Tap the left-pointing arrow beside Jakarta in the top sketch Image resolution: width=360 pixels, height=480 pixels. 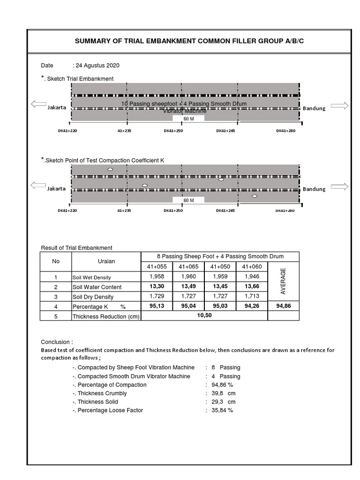[x=38, y=105]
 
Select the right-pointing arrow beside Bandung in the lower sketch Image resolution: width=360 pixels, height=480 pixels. [x=339, y=187]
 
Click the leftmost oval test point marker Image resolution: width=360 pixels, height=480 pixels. [x=110, y=169]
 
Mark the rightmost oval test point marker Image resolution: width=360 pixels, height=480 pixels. [x=255, y=196]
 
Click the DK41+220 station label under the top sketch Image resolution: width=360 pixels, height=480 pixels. [x=67, y=131]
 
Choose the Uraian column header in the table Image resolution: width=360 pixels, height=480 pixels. [x=106, y=261]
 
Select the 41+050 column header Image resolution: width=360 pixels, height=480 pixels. [x=220, y=266]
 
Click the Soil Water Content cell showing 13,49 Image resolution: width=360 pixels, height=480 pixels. [x=188, y=287]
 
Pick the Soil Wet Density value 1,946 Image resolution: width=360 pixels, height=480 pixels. [x=252, y=277]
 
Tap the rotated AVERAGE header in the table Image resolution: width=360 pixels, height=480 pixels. [x=283, y=281]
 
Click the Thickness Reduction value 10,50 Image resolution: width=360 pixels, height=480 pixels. [x=204, y=315]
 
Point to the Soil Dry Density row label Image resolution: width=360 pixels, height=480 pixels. [x=93, y=297]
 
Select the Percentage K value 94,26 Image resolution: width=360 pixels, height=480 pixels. [x=252, y=306]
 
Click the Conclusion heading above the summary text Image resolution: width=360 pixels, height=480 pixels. [x=57, y=342]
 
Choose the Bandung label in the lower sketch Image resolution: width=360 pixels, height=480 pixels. [x=314, y=189]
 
